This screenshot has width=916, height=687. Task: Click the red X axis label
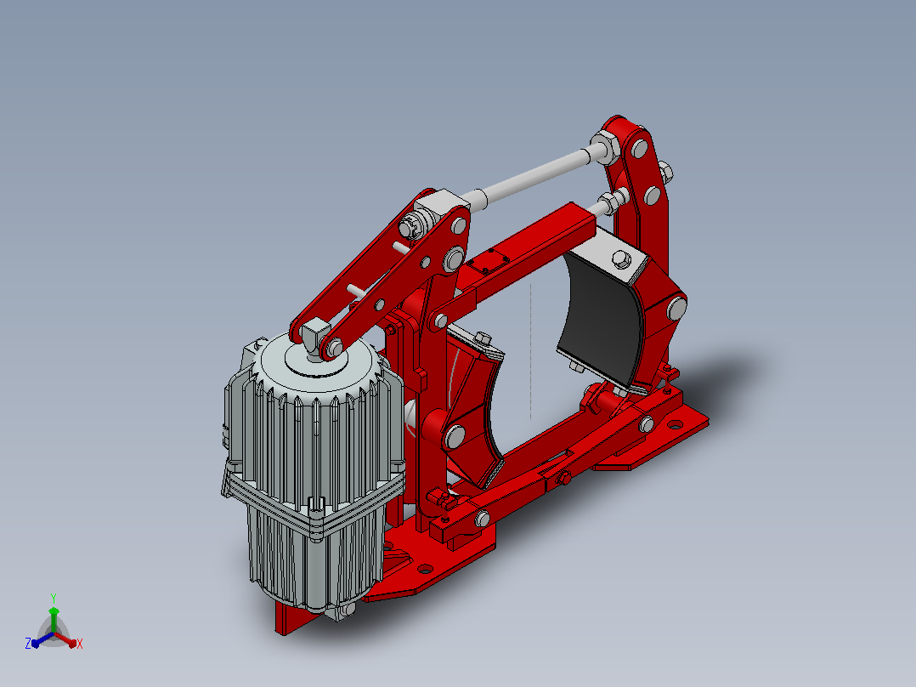[80, 644]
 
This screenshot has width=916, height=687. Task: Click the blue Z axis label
[28, 643]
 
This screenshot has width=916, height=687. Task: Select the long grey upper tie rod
[534, 174]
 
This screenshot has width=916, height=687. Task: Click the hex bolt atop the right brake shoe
[622, 259]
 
